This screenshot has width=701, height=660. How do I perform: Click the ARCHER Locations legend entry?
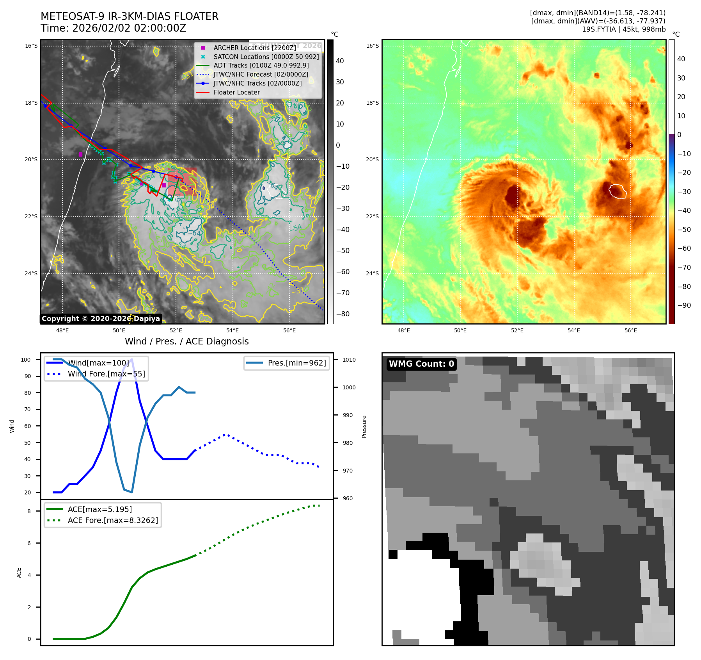tap(255, 48)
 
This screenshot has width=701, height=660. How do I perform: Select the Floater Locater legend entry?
tap(236, 92)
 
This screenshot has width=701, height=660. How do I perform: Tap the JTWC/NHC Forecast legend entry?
tap(261, 74)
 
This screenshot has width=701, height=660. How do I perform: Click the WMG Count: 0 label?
tap(421, 364)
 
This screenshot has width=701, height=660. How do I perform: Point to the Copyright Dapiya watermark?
tap(101, 319)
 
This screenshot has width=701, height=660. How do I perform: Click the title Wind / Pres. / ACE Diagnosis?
tap(186, 341)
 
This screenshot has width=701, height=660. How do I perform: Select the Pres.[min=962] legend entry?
tap(296, 363)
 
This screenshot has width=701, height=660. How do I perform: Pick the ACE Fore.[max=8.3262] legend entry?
tap(113, 520)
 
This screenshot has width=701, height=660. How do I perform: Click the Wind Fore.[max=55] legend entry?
tap(106, 374)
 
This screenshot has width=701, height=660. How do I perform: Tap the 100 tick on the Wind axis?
tap(26, 360)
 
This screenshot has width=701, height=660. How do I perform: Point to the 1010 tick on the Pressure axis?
tap(349, 360)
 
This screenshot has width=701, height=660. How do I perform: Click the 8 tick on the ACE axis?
tap(29, 511)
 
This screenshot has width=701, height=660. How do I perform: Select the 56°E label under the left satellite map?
tap(289, 330)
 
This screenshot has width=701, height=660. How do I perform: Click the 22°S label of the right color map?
tap(373, 217)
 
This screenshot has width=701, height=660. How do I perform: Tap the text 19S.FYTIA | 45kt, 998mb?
tap(623, 29)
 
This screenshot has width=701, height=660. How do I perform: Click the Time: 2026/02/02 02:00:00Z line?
tap(114, 28)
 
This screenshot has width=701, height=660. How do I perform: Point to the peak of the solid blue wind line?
tap(132, 359)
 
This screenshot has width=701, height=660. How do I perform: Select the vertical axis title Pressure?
tap(364, 426)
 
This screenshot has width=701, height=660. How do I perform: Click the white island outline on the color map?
tap(618, 191)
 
